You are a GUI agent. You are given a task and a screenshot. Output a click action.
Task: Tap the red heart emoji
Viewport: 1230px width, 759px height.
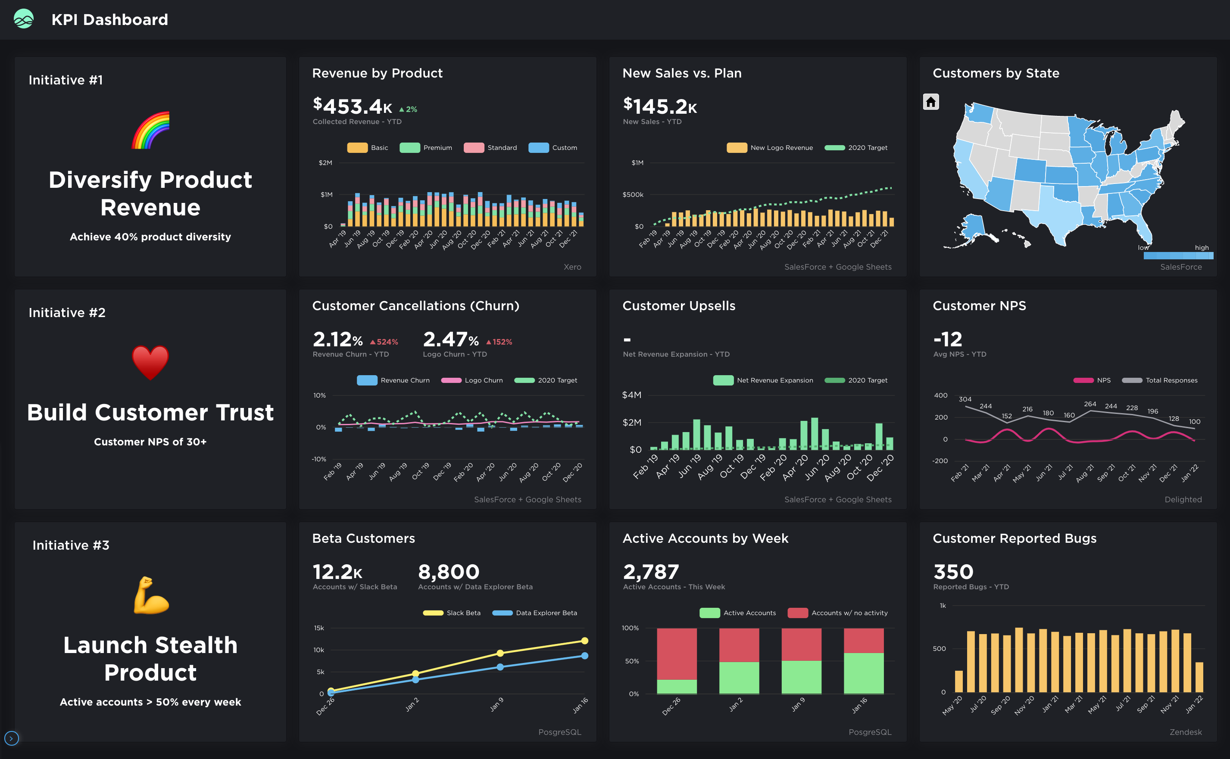coord(150,362)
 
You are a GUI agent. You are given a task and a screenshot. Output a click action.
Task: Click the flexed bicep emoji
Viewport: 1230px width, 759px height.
coord(150,596)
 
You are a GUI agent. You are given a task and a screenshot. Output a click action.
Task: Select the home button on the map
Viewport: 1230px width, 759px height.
coord(930,102)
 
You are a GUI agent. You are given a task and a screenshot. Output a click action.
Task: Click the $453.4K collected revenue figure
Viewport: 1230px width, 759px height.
coord(352,106)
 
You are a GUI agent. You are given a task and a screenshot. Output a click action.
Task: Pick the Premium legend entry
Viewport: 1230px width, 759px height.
coord(426,148)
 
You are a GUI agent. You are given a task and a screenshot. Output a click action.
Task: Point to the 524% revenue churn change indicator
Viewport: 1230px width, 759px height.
coord(384,342)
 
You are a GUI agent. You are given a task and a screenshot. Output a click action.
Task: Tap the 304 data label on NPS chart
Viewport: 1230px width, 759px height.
coord(965,399)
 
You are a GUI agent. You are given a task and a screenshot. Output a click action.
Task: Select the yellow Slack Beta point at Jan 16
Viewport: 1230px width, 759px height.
coord(584,641)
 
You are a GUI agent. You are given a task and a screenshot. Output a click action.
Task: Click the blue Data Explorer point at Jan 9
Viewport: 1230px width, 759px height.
coord(500,667)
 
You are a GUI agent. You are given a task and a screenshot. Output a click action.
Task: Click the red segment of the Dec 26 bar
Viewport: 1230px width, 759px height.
coord(677,653)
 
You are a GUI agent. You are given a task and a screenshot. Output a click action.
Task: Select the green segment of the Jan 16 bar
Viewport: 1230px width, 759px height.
coord(863,673)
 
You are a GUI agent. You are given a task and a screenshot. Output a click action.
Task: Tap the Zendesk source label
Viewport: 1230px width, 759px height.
coord(1185,732)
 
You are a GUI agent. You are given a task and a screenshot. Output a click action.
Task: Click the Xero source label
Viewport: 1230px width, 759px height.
coord(572,267)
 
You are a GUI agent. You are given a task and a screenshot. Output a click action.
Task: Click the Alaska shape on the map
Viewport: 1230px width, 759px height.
coord(974,228)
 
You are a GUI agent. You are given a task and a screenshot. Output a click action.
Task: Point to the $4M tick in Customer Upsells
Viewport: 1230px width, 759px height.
coord(631,395)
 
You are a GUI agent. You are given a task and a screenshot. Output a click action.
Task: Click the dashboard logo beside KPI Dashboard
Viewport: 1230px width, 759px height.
coord(24,19)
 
